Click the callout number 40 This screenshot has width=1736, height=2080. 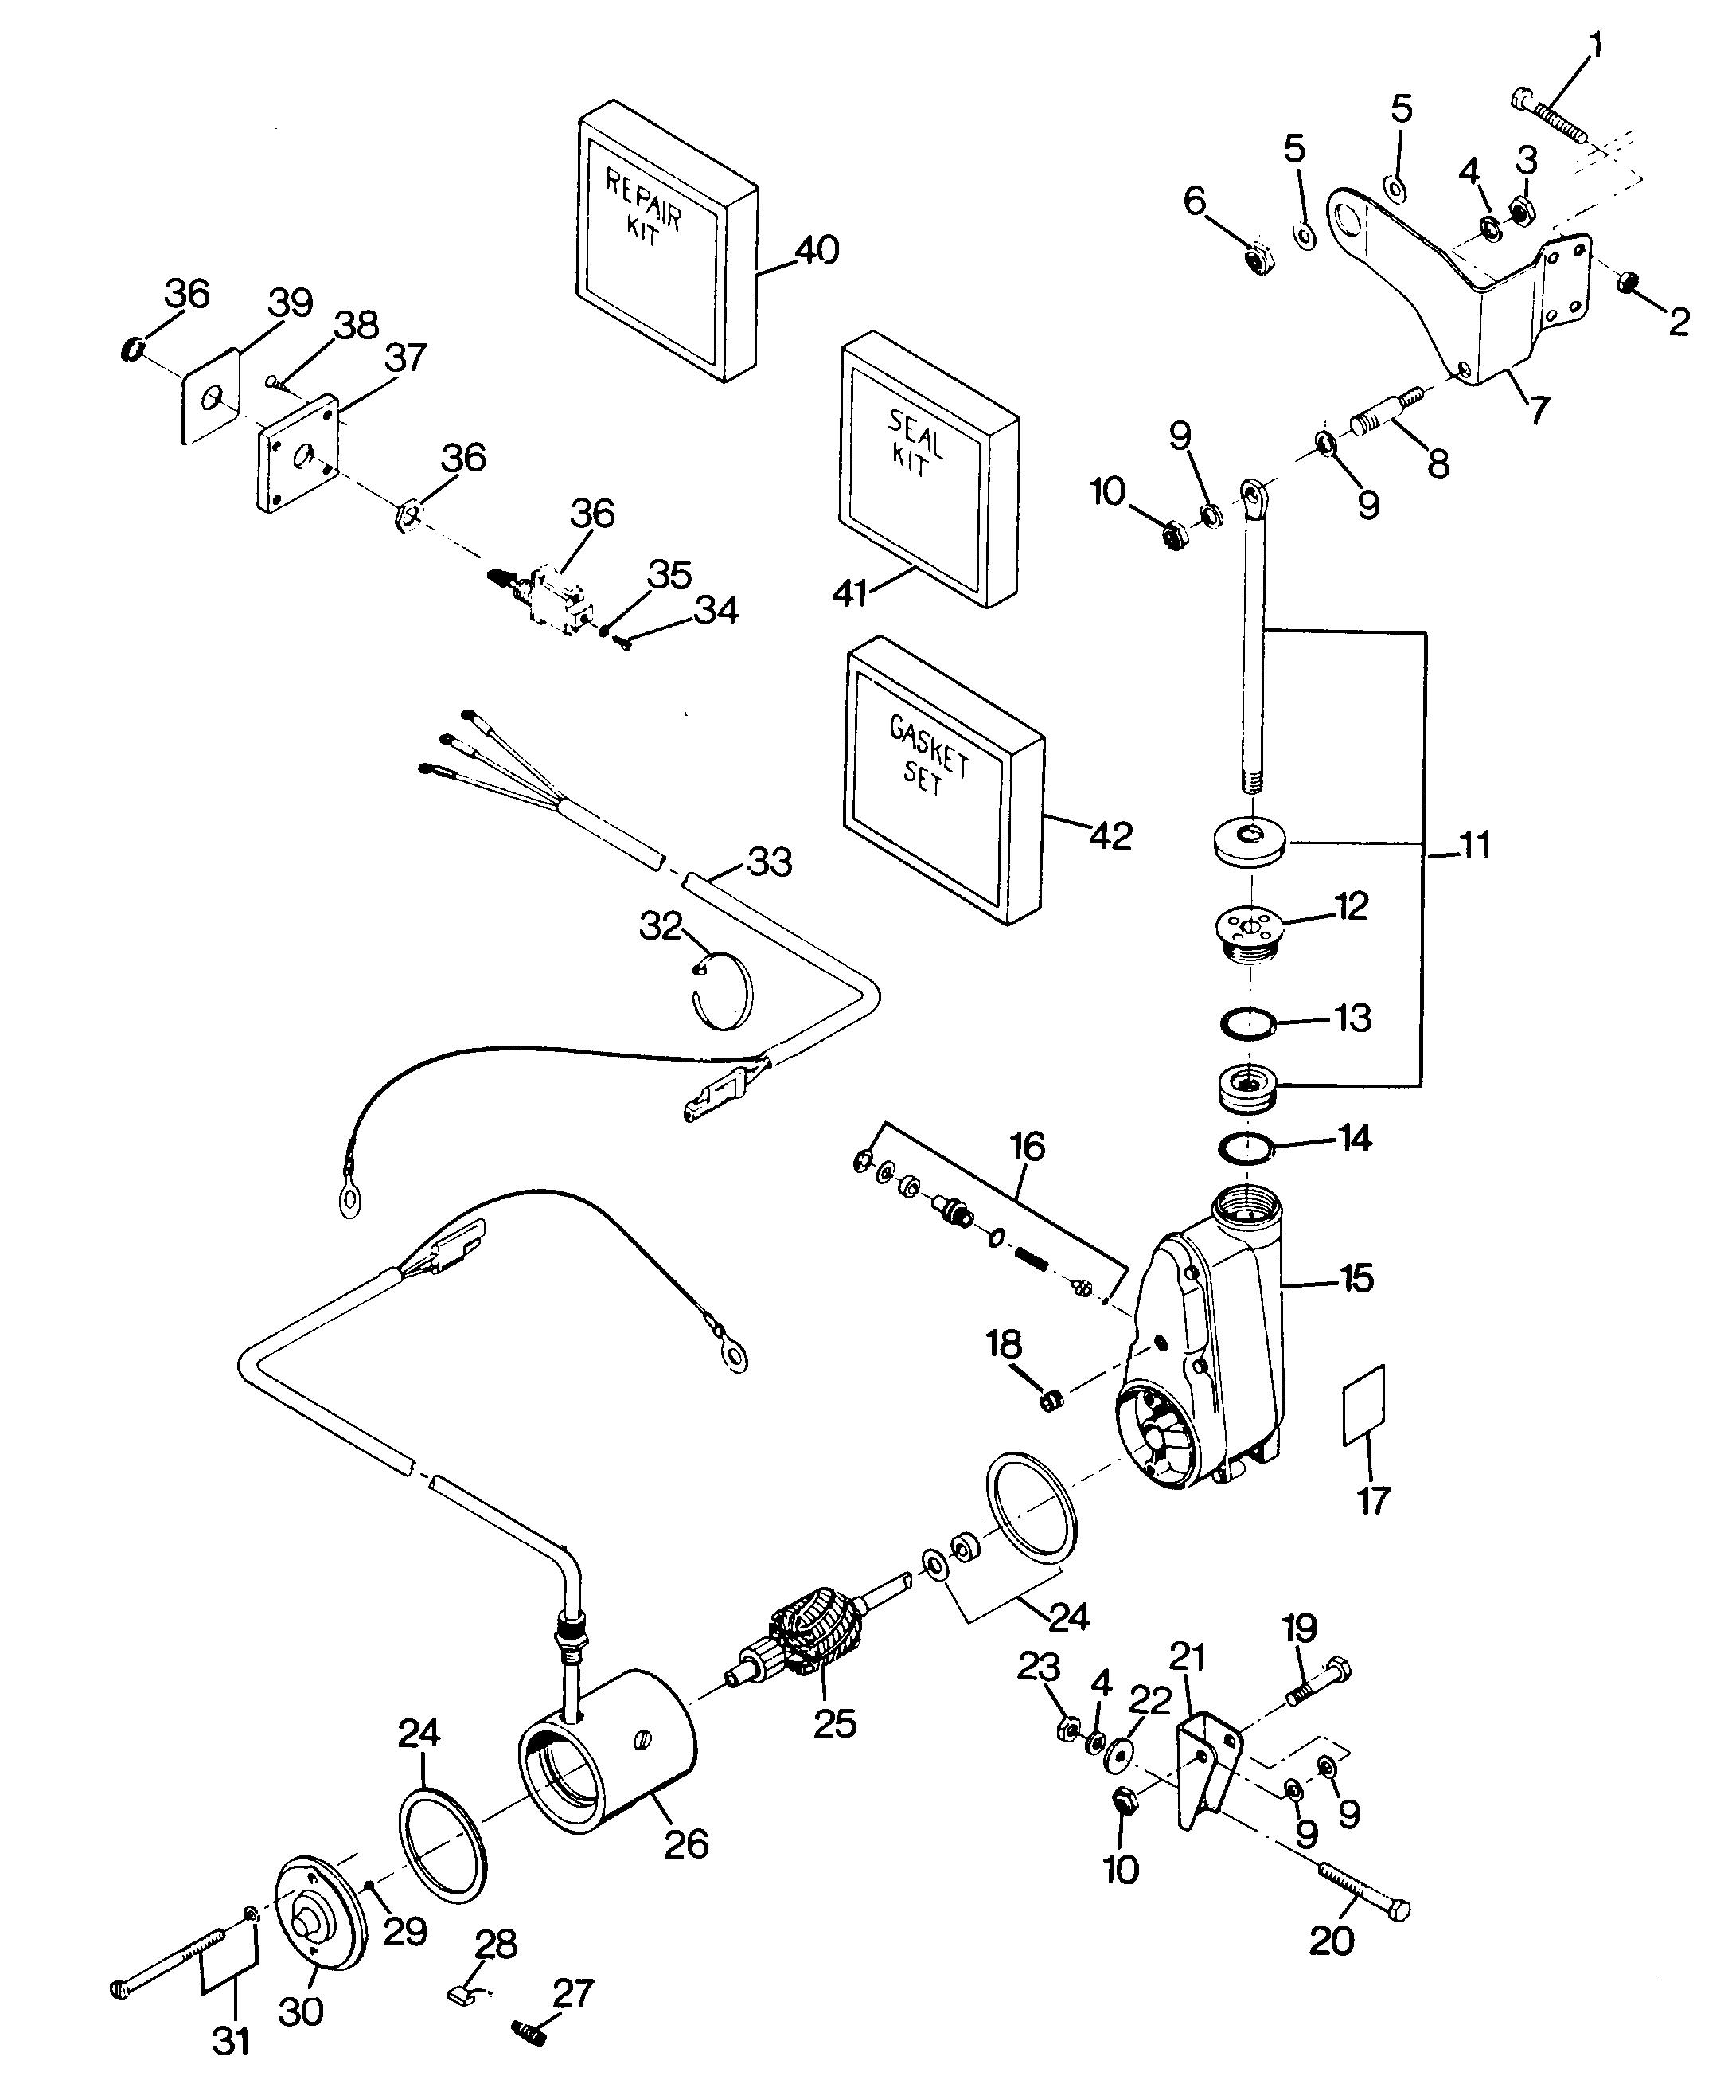(816, 249)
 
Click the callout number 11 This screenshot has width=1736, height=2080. (1476, 846)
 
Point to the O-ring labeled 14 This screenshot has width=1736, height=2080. (1245, 1150)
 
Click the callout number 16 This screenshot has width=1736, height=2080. (1028, 1147)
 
